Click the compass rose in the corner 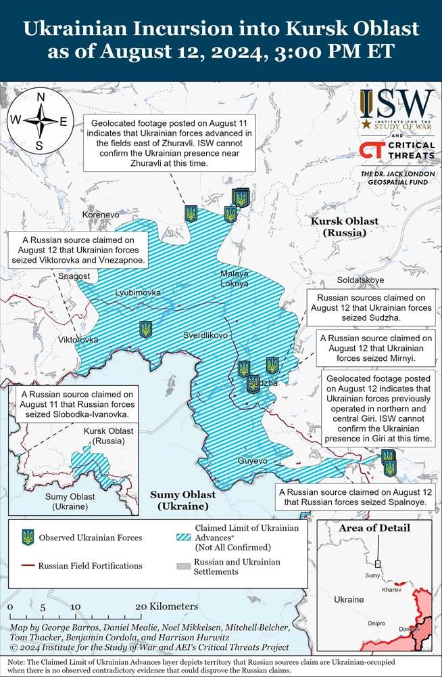pos(40,121)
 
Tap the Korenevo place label pos(100,215)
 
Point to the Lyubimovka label pos(138,292)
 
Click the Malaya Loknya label pos(235,278)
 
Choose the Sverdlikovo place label pos(205,335)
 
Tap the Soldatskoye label pos(360,280)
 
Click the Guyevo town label pos(253,461)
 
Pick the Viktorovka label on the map pos(78,339)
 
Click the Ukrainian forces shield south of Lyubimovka pos(145,329)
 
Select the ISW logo pos(396,107)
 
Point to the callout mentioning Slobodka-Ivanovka pos(76,404)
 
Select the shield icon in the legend pos(28,538)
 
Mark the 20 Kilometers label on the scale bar pos(166,607)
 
